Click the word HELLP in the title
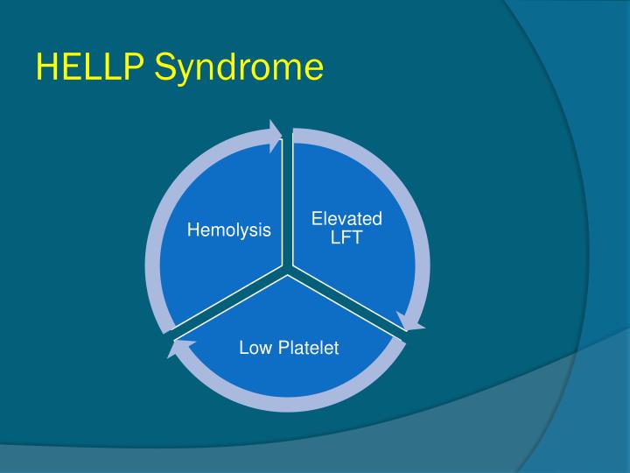[x=91, y=67]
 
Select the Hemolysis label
[x=229, y=230]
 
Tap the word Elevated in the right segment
[x=347, y=218]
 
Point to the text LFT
[x=347, y=236]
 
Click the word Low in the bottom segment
[x=255, y=349]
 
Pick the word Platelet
[x=308, y=349]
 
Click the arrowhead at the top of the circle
[x=276, y=132]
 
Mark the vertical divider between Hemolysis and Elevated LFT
[x=287, y=201]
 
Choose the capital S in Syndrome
[x=166, y=67]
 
